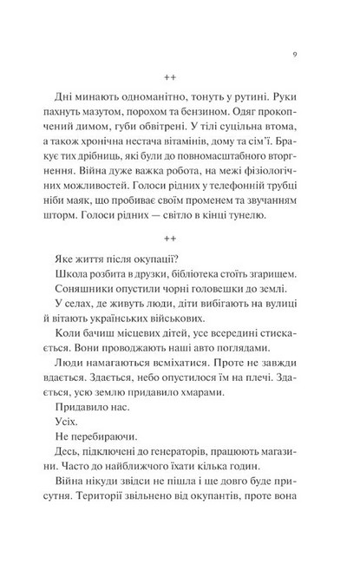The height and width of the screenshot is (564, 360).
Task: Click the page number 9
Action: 296,55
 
